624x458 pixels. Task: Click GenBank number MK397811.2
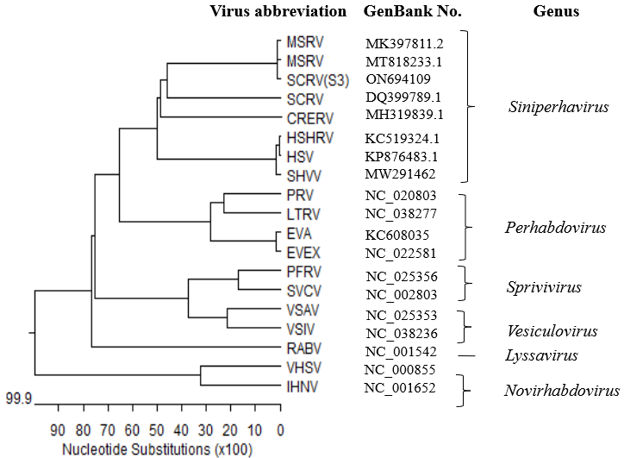coord(404,43)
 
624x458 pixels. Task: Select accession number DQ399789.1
coord(403,97)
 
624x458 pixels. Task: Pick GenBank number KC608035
coord(396,234)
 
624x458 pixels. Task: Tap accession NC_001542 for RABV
coord(401,352)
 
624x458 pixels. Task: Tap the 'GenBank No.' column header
coord(413,12)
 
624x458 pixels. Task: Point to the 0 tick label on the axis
coord(280,429)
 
